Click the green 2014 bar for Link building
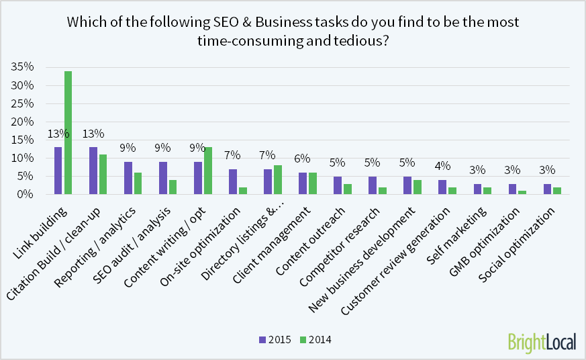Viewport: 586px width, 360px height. pos(68,132)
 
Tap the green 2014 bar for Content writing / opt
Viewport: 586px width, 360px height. pos(207,171)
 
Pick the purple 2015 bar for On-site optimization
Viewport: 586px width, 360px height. pos(233,181)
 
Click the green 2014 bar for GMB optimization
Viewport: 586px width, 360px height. pos(522,192)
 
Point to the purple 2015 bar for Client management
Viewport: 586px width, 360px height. pos(303,183)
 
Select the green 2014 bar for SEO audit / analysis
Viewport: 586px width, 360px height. pos(173,187)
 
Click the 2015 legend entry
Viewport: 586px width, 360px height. pos(275,340)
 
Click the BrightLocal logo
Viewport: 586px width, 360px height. pos(542,341)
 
